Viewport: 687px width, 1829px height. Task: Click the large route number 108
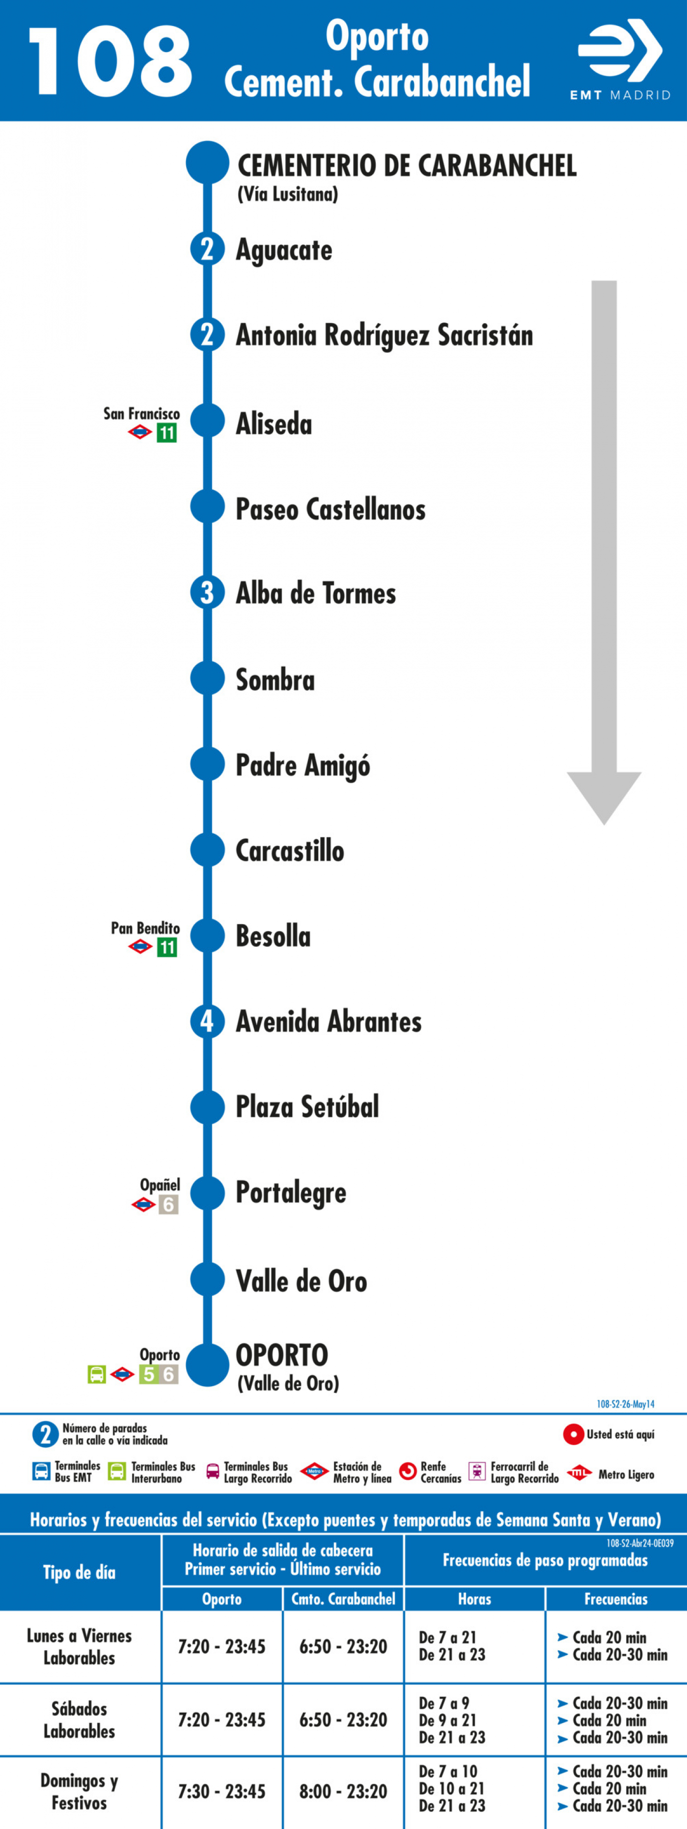click(110, 62)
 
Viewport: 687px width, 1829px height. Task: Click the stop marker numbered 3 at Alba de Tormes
click(207, 592)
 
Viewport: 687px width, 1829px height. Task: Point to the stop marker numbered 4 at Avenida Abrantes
click(207, 1020)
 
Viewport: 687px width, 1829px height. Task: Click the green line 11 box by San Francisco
click(167, 433)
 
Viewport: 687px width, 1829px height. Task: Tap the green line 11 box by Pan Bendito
click(167, 947)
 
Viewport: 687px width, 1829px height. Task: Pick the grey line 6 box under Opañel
click(168, 1204)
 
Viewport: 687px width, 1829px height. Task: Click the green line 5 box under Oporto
click(148, 1375)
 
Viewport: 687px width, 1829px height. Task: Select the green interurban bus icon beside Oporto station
click(97, 1375)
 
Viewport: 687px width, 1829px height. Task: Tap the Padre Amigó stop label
click(302, 766)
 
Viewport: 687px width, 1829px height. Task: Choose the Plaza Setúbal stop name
click(307, 1106)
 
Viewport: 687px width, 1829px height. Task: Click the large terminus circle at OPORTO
click(207, 1365)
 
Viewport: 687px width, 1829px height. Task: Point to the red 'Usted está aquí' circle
click(574, 1434)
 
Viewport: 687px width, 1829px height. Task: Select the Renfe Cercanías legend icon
click(408, 1472)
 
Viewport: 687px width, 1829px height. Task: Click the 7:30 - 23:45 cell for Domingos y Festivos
click(221, 1791)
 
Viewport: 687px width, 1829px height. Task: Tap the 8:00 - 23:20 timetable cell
click(343, 1791)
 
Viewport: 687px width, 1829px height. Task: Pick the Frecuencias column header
click(616, 1599)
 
